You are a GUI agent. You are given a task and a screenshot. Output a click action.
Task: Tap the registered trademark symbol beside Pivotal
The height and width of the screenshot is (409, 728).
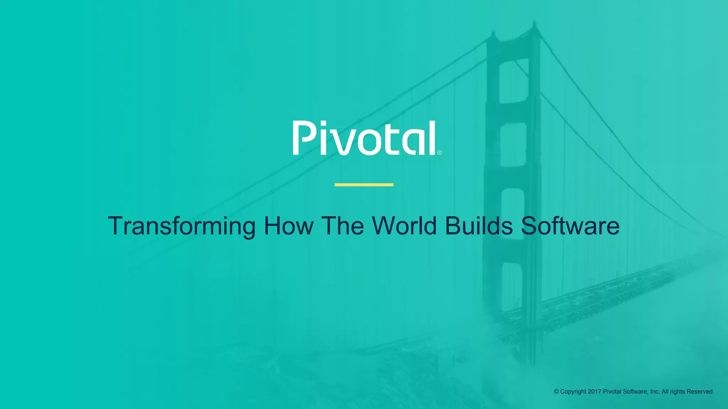tap(439, 153)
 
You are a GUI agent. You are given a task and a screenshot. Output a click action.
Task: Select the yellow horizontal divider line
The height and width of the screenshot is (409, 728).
tap(364, 185)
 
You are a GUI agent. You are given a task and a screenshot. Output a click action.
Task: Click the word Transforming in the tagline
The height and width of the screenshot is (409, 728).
tap(181, 226)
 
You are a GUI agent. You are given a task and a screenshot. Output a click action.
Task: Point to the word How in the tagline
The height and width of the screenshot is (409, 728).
tap(288, 226)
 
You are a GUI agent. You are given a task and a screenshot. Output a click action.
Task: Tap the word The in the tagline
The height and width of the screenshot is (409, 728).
tap(343, 226)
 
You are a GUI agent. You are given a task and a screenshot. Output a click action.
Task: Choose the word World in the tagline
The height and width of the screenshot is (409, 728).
tap(404, 226)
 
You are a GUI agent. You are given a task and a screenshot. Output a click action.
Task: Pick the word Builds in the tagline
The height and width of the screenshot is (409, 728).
tap(479, 226)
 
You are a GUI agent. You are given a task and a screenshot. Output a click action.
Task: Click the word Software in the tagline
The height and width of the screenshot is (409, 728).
tap(570, 226)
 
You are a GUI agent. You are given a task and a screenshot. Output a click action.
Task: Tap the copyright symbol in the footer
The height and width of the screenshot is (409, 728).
tap(556, 392)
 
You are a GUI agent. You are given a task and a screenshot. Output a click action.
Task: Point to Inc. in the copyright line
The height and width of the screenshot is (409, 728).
tap(655, 392)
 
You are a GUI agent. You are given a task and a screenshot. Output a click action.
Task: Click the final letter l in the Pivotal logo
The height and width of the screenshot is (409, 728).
tap(432, 138)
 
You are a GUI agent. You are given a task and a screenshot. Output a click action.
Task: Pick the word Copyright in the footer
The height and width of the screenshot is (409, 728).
tap(573, 392)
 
